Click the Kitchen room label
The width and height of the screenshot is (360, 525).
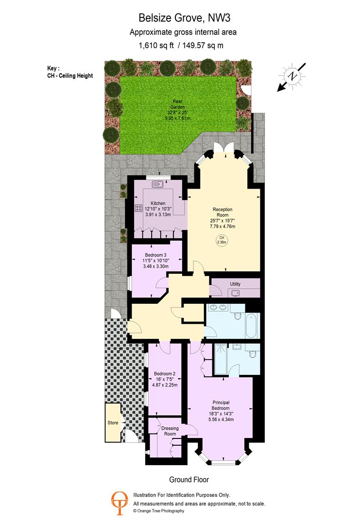(x=158, y=203)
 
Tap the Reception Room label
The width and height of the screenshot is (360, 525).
(x=223, y=212)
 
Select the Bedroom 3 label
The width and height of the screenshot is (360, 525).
(x=155, y=255)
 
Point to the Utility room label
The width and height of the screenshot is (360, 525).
(x=235, y=284)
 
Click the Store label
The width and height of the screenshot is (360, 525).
(x=113, y=422)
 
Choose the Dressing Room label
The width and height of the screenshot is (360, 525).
(x=170, y=431)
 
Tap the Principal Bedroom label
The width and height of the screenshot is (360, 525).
(x=221, y=405)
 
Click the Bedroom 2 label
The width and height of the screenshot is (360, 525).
(x=165, y=374)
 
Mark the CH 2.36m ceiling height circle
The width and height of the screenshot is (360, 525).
(x=222, y=240)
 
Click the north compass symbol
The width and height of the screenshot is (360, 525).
(x=292, y=77)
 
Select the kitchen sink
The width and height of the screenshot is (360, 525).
(x=157, y=184)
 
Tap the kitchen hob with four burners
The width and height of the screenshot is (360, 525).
(x=138, y=208)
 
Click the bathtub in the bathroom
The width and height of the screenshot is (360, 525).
(x=252, y=326)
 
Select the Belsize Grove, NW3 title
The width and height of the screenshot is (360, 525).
(x=184, y=18)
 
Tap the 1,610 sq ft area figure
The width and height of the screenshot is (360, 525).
(x=156, y=45)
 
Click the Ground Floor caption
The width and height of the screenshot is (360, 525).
(x=189, y=479)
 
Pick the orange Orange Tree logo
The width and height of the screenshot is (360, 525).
(x=120, y=503)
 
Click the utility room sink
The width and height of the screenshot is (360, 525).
(x=236, y=293)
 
